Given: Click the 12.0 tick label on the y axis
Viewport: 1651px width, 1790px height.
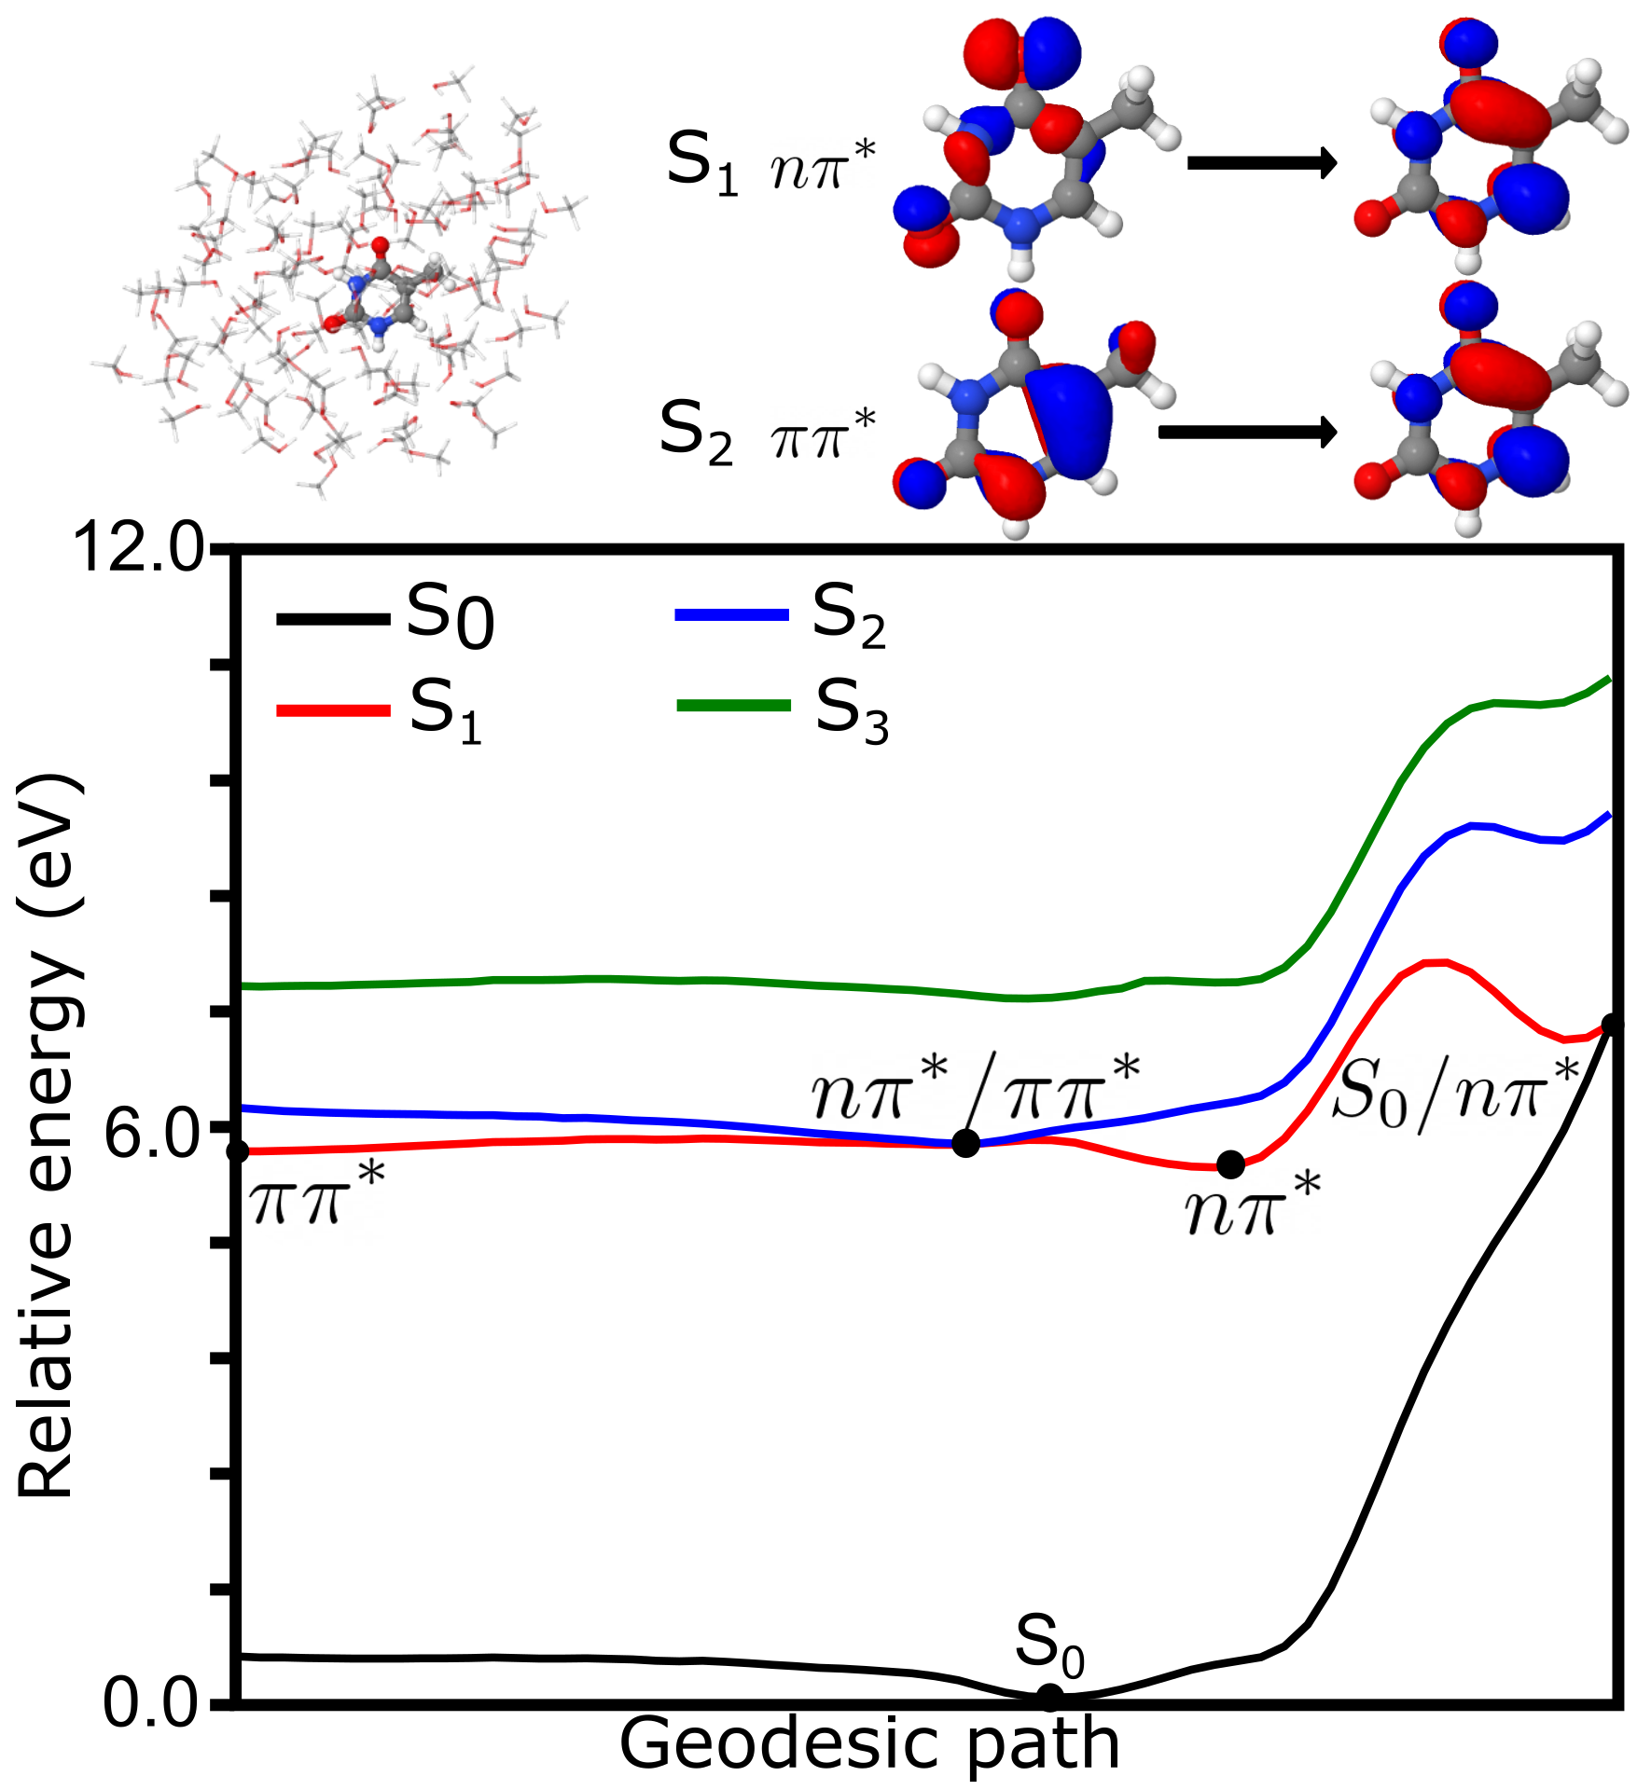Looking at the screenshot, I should pos(138,547).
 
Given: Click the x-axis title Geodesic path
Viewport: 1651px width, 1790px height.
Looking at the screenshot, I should pos(869,1743).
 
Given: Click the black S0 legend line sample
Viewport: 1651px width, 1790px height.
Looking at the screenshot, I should pos(332,619).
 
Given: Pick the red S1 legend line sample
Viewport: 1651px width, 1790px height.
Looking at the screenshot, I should pos(332,710).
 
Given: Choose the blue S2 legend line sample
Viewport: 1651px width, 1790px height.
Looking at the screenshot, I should pos(732,615).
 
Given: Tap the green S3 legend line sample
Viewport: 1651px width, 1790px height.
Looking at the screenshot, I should pos(733,706).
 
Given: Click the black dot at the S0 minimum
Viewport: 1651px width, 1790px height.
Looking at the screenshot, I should pos(1049,1697).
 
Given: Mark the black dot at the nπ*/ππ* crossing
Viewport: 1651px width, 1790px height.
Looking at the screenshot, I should pos(965,1143).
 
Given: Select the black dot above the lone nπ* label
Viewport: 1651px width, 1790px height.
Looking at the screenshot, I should pos(1231,1164).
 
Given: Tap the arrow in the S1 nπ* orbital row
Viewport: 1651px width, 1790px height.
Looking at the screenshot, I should pos(1261,164).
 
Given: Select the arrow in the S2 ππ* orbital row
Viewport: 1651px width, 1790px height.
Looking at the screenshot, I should pos(1247,433).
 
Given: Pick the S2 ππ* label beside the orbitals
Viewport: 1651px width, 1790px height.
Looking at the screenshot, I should pos(768,433).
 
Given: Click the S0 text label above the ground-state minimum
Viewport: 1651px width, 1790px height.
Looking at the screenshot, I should pos(1049,1643).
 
